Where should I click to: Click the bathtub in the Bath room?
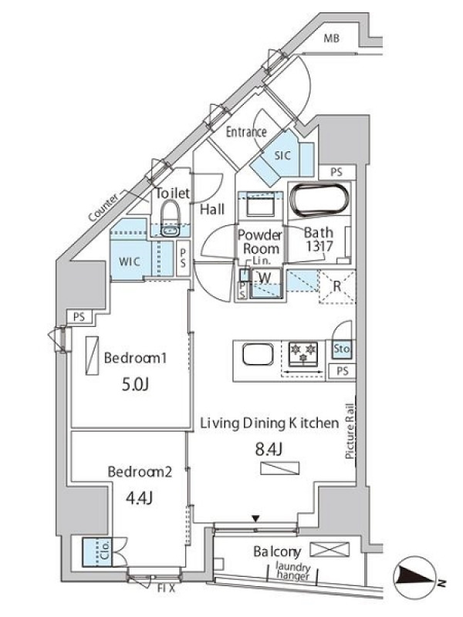click(x=319, y=200)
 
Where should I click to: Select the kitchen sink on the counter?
click(x=258, y=355)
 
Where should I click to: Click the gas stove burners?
click(x=303, y=354)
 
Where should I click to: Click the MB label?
click(x=332, y=38)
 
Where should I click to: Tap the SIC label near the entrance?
click(x=282, y=156)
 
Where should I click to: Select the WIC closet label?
click(x=130, y=261)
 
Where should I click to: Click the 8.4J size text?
click(x=269, y=449)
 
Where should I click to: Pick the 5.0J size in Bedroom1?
click(x=135, y=384)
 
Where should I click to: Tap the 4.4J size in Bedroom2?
click(x=139, y=498)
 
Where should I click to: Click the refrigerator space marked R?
click(x=337, y=286)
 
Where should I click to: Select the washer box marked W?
click(x=265, y=282)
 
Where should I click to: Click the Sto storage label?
click(x=341, y=349)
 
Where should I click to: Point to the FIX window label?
click(x=166, y=589)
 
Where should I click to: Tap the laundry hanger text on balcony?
click(x=293, y=571)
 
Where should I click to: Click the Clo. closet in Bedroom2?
click(x=97, y=552)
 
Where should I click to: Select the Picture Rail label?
click(x=350, y=431)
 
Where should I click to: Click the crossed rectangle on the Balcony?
click(x=330, y=549)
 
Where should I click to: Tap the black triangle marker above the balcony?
click(x=256, y=519)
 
